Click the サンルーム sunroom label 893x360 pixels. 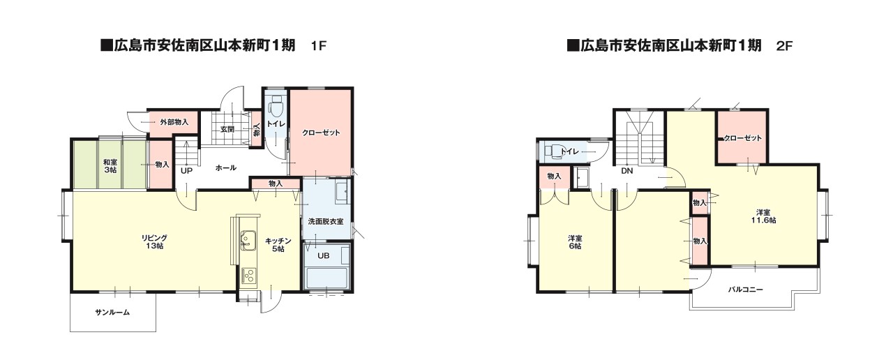[112, 313]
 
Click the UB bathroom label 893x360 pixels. [324, 255]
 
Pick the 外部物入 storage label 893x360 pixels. [174, 122]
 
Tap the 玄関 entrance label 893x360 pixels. [227, 129]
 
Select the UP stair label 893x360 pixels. [187, 170]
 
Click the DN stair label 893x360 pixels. [626, 171]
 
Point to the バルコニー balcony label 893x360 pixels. [746, 289]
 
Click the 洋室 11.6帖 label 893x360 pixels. [763, 216]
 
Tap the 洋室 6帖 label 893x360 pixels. [575, 242]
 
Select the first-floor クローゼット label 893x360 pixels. [321, 133]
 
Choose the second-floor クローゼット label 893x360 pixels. [743, 138]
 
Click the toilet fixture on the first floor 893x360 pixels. [275, 110]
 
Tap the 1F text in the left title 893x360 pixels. [319, 47]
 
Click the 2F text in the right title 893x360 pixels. [785, 47]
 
